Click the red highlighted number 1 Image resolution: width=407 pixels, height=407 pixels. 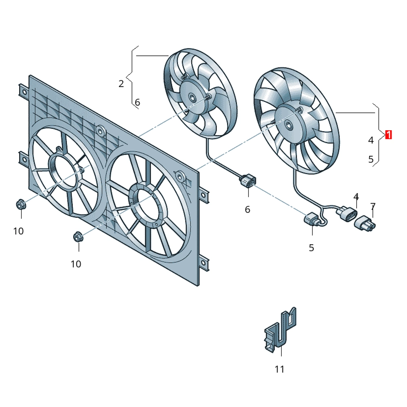pos(388,135)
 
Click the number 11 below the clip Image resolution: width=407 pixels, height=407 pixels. pos(280,369)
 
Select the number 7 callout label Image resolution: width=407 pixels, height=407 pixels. pos(373,207)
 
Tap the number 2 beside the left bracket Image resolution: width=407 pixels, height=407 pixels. pos(121,84)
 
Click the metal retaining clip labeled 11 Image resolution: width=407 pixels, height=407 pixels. pos(280,331)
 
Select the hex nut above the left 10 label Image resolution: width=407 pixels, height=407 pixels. pos(21,205)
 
